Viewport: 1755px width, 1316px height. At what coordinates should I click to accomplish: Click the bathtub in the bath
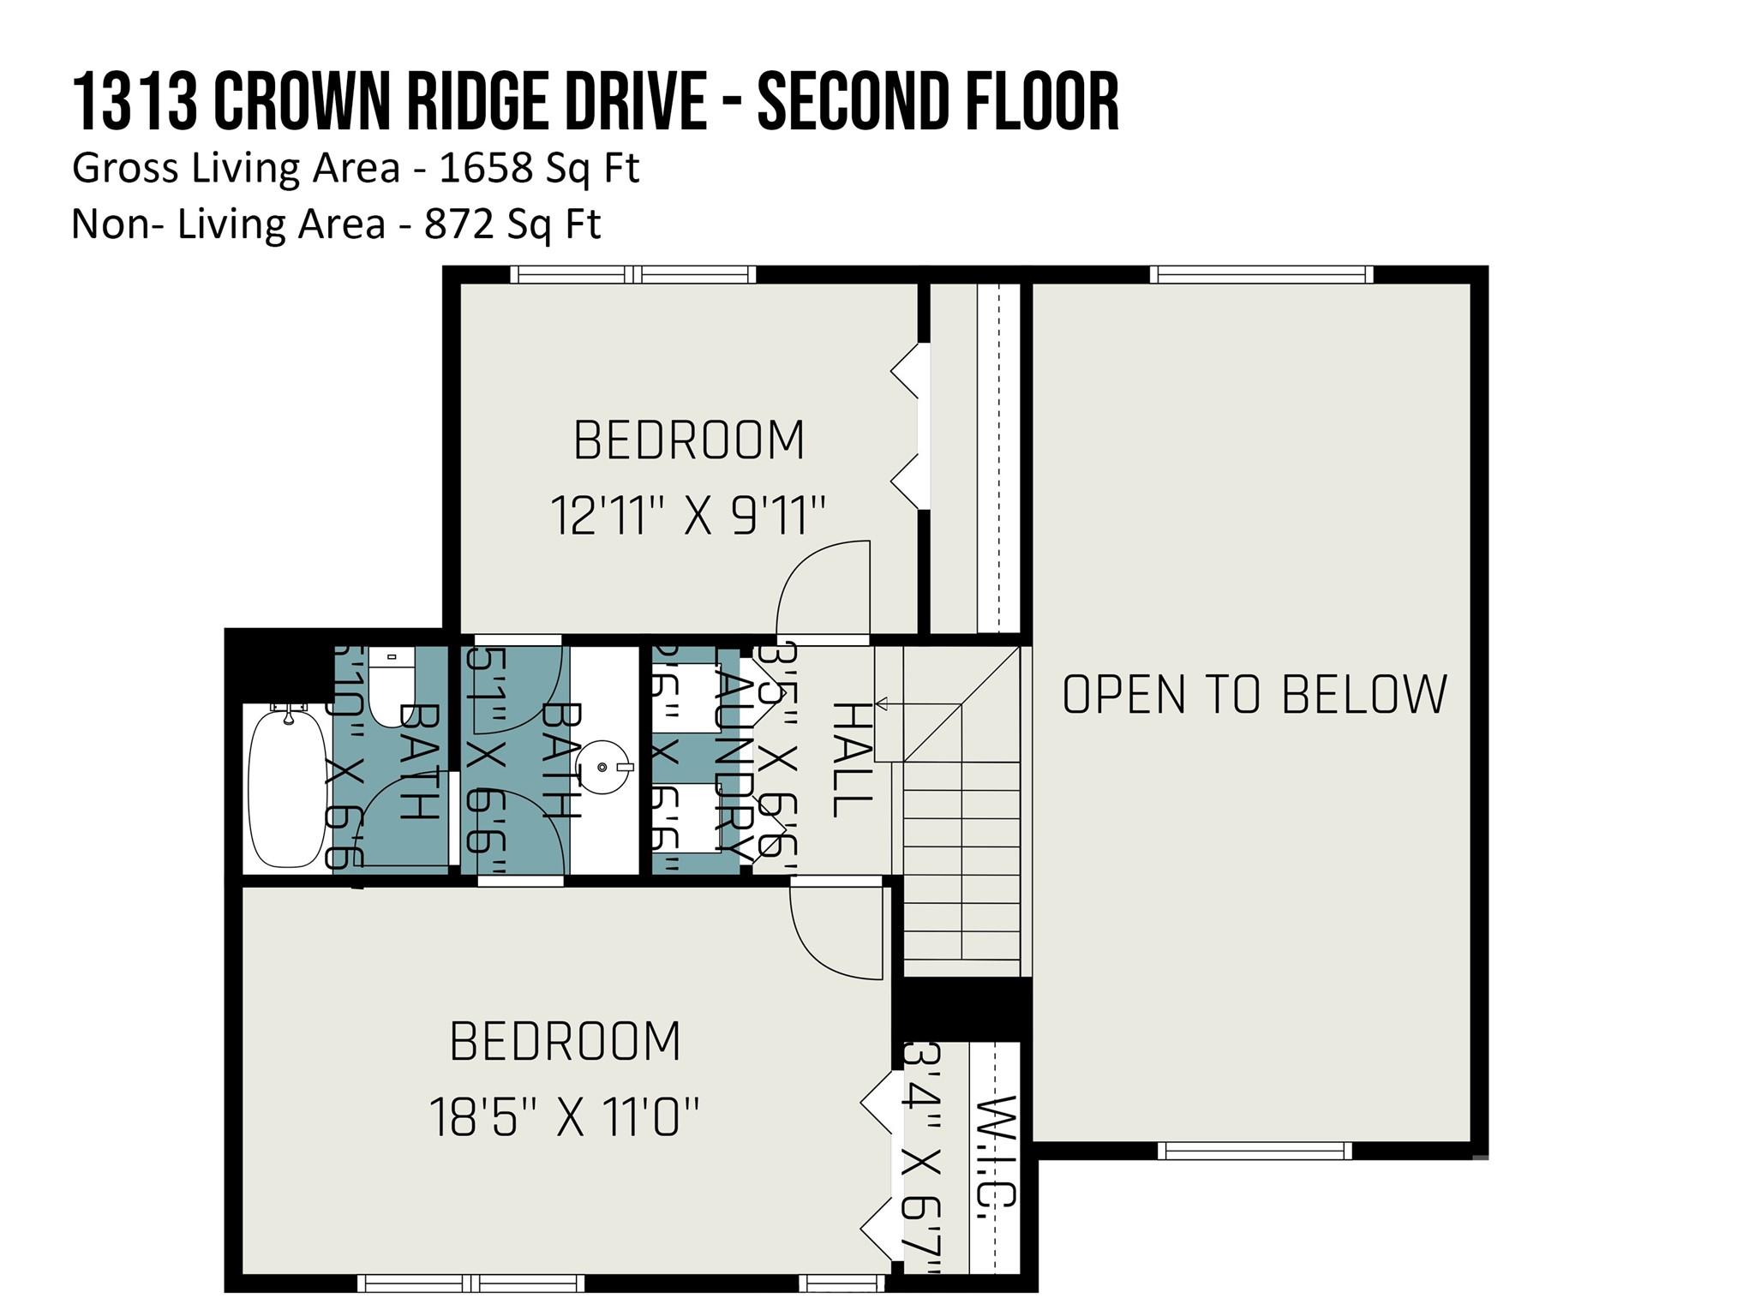(286, 787)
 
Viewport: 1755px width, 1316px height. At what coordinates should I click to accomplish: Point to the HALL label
(851, 759)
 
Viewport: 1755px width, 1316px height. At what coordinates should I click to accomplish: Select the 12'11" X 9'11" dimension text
(687, 515)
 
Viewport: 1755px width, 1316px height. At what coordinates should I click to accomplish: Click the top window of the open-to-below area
(1261, 274)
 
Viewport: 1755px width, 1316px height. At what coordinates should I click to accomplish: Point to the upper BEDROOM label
(689, 440)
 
